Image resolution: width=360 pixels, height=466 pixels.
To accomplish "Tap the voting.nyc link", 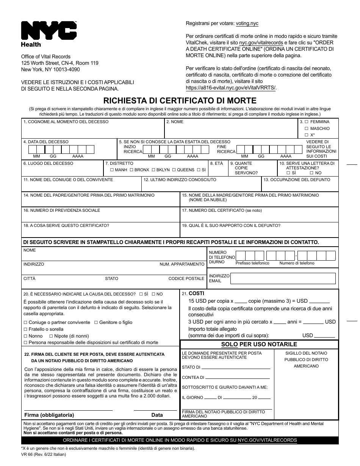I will (x=247, y=23).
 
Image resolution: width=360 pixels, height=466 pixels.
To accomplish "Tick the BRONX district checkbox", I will (x=131, y=170).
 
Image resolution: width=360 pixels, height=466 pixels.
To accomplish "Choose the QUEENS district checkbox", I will (x=174, y=170).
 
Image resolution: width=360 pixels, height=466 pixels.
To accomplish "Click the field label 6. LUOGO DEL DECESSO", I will (x=48, y=164).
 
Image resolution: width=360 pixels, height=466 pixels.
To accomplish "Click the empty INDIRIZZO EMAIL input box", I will (x=283, y=278).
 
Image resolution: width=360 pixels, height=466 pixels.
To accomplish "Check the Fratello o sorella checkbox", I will (x=26, y=329).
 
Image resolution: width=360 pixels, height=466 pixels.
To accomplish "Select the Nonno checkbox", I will (x=26, y=336).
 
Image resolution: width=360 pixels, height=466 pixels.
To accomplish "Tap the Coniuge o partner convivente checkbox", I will (x=26, y=322).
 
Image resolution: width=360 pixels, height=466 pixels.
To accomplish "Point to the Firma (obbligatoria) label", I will (x=49, y=415).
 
